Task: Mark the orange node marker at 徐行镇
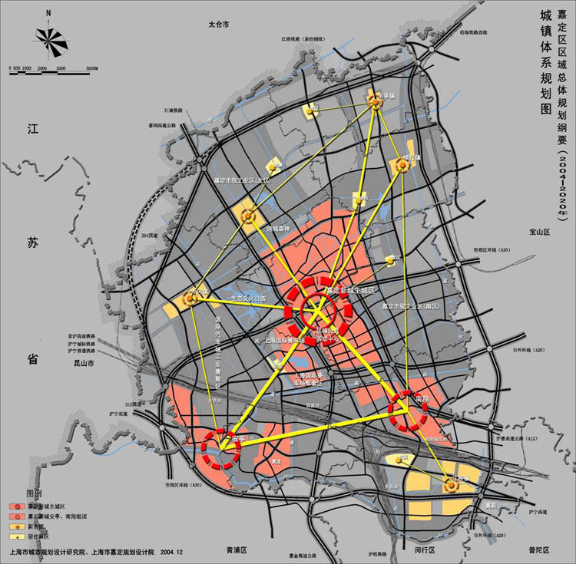click(x=402, y=164)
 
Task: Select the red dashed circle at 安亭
click(x=223, y=447)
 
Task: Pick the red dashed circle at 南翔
click(x=407, y=411)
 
